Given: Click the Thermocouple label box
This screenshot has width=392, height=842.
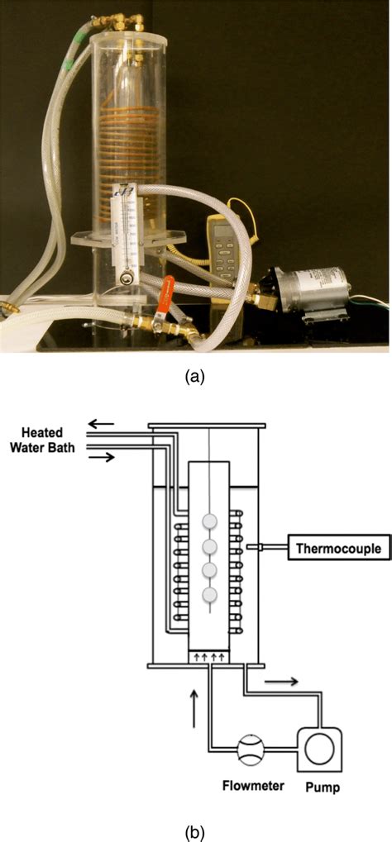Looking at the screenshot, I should click(x=338, y=547).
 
